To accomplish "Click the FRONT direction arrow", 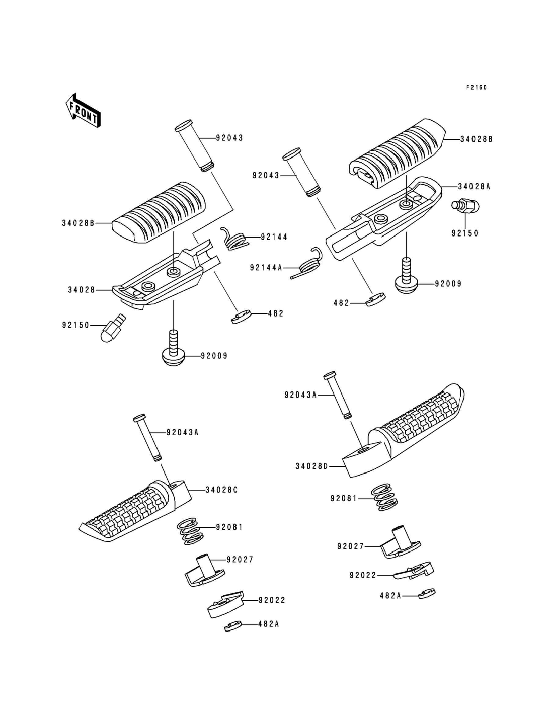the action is (83, 110).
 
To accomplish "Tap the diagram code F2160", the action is (476, 88).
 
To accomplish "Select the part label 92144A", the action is (266, 268).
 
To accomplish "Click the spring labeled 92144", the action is (235, 239).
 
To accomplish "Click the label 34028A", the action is (474, 186).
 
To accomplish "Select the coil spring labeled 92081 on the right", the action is (385, 498).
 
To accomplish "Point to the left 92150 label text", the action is (76, 325).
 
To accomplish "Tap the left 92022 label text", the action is (272, 600).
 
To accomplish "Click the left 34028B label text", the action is (78, 223).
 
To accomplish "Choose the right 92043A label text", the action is (301, 396).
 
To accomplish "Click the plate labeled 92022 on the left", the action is (226, 605).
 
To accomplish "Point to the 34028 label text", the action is (81, 290).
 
